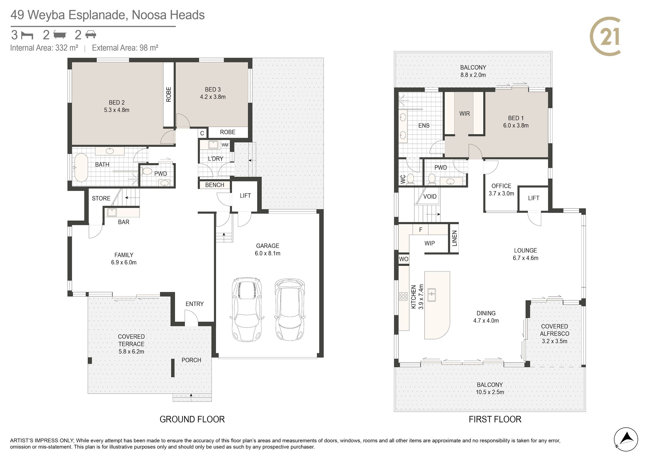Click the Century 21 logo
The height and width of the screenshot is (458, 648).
605,36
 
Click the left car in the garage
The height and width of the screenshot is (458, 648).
247,309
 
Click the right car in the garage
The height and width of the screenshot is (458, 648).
290,310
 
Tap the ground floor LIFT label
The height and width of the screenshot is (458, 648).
245,196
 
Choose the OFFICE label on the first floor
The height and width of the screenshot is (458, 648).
501,186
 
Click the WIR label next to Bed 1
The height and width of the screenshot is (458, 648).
464,113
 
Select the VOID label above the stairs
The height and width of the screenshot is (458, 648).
430,196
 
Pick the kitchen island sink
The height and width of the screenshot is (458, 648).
431,295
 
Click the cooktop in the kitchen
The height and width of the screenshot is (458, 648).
403,296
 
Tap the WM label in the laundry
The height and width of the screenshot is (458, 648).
225,145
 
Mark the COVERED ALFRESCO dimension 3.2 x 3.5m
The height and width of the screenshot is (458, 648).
555,341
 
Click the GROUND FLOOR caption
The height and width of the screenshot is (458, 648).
192,419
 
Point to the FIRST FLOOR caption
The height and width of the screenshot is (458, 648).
495,419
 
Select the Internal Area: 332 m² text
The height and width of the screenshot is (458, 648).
44,48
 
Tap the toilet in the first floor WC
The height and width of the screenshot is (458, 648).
411,179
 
